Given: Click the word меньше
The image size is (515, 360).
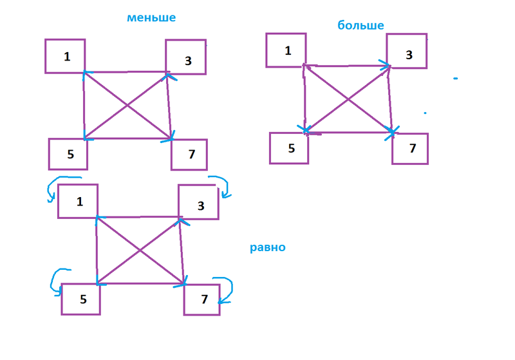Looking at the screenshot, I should click(151, 18).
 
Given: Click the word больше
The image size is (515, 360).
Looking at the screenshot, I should click(360, 26).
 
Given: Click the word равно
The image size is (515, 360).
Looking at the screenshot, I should click(268, 247).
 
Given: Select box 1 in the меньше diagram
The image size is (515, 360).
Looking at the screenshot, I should click(65, 56).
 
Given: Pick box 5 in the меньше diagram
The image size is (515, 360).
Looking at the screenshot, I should click(68, 154).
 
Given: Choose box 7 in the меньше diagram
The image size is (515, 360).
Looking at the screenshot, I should click(189, 155).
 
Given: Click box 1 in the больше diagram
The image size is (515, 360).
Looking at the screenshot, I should click(286, 50).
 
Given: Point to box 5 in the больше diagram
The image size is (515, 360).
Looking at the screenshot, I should click(289, 148).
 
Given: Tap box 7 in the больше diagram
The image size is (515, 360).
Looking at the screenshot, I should click(410, 148).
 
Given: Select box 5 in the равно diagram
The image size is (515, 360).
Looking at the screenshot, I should click(81, 299).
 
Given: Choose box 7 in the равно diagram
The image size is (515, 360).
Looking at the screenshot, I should click(202, 299).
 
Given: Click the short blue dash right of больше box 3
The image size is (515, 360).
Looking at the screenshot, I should click(455, 79).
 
